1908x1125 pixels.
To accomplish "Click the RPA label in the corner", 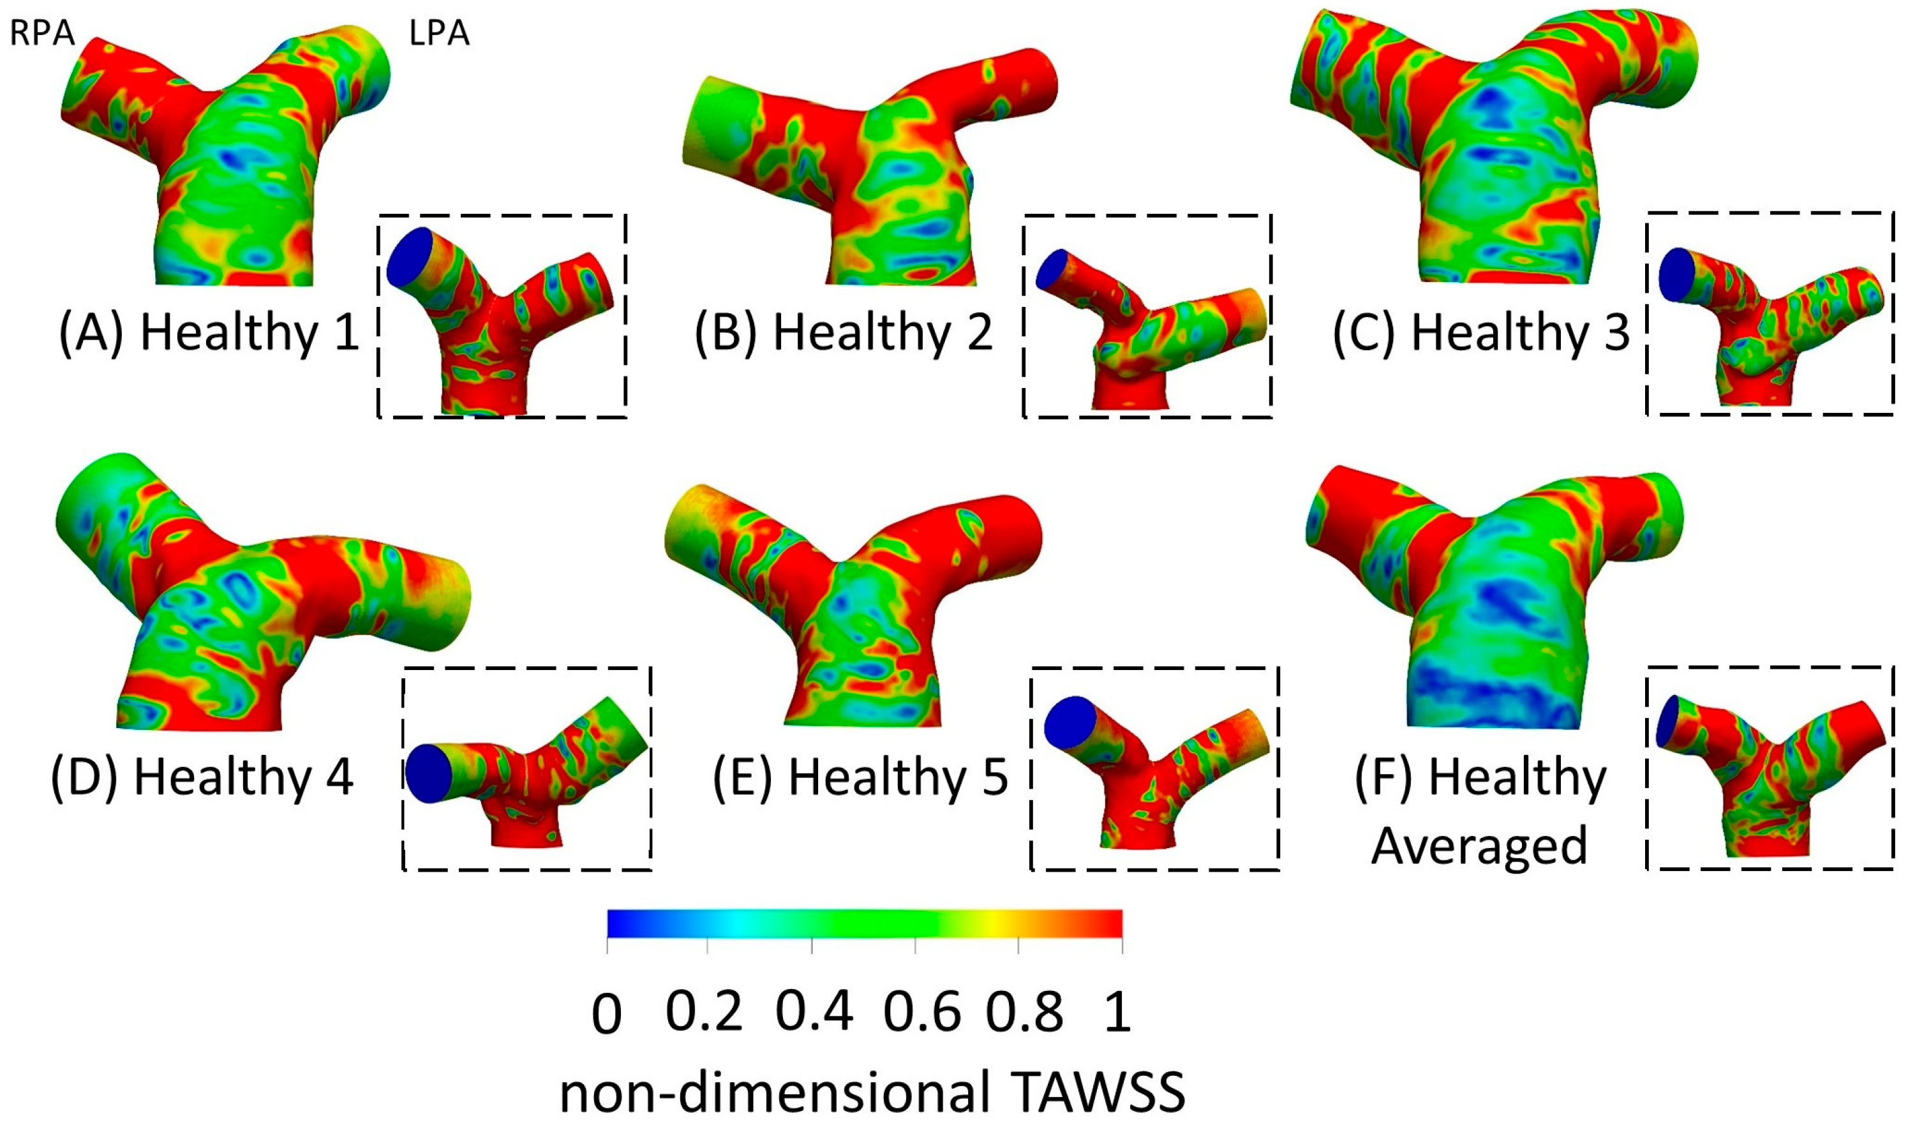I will pos(43,34).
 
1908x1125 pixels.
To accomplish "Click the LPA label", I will pos(439,34).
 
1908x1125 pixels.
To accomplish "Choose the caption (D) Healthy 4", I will pos(202,777).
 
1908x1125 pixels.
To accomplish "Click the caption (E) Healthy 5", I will pos(860,777).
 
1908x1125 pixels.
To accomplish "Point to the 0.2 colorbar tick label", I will pos(704,1011).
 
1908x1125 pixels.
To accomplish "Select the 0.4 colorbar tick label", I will pos(814,1011).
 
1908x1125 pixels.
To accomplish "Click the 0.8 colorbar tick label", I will pos(1024,1011).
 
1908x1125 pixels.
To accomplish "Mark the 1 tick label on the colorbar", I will pos(1117,1011).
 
